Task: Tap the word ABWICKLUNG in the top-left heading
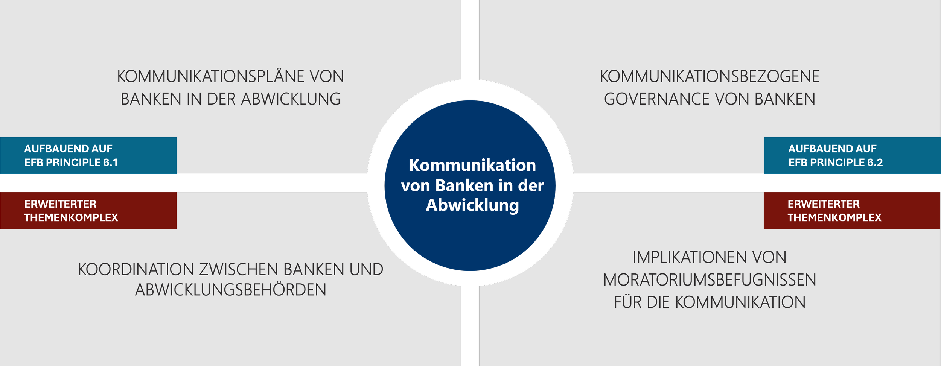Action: pos(291,99)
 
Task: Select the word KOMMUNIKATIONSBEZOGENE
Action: pos(710,76)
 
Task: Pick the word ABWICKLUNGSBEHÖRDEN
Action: pos(231,290)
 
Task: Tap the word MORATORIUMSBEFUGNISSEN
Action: pos(710,280)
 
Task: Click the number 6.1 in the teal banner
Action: pos(111,162)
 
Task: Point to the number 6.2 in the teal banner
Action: pos(875,162)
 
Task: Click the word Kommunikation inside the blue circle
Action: pos(472,165)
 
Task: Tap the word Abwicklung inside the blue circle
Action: pos(472,205)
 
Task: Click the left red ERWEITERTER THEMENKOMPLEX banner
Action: pos(88,211)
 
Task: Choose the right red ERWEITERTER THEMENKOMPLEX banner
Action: pos(852,211)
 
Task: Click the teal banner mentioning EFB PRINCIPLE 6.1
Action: pos(88,155)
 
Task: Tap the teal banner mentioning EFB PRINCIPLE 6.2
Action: pos(853,155)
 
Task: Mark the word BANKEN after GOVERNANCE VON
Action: pos(785,99)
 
